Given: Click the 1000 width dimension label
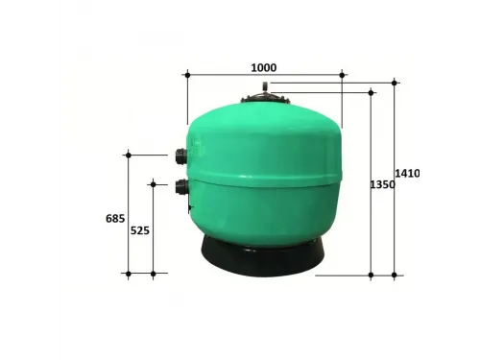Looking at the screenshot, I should (263, 67).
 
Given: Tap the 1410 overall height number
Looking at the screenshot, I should (407, 173).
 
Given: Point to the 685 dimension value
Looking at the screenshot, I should (115, 218).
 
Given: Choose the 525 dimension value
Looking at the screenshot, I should (140, 230).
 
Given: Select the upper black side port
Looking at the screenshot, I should (180, 156).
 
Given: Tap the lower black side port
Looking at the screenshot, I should (180, 186).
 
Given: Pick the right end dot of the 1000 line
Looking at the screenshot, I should (343, 73).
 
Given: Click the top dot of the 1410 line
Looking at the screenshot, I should (395, 83).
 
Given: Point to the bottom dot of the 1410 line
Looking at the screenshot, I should (395, 275).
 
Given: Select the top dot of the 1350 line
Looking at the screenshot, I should (372, 92).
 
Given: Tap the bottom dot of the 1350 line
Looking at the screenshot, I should (372, 275).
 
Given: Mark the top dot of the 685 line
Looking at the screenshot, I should (128, 154).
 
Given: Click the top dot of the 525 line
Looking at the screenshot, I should (153, 182).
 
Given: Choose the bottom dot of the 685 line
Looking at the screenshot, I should (128, 274).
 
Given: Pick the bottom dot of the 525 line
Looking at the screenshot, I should (153, 274).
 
